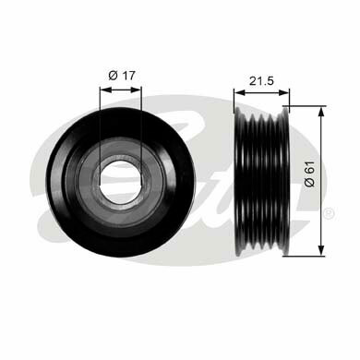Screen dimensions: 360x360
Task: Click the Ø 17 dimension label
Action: (122, 76)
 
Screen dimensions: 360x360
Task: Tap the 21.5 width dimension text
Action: (261, 81)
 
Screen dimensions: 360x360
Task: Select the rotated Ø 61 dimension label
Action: (309, 174)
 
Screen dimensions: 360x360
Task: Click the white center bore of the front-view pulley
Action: (120, 181)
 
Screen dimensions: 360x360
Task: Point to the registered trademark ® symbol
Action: (329, 213)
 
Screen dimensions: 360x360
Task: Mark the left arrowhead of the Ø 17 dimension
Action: (105, 90)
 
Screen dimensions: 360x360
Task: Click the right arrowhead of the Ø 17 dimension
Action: (136, 90)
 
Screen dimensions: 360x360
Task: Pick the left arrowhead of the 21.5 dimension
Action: (239, 92)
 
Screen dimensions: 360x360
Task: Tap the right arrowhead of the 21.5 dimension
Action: (283, 92)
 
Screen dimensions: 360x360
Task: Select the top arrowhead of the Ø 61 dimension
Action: (321, 112)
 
